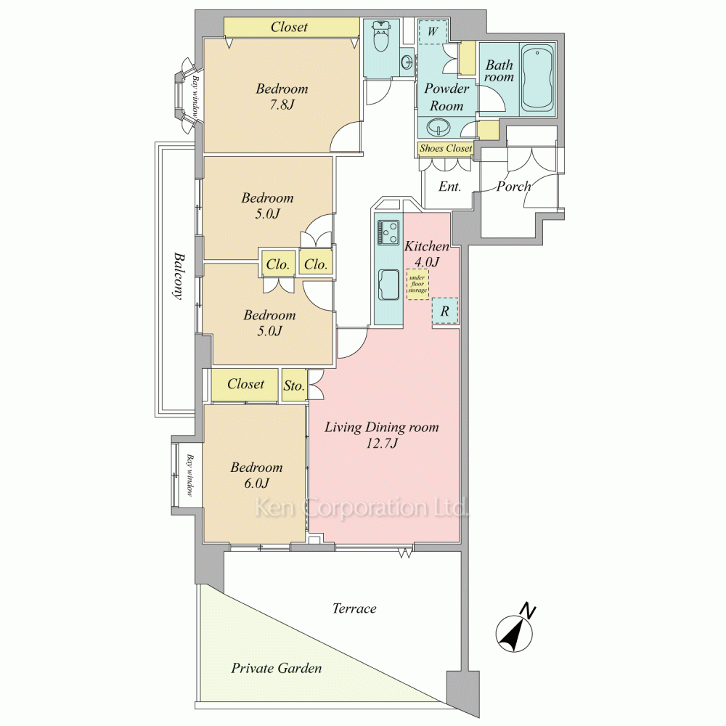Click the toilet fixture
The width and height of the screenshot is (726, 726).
click(x=381, y=35)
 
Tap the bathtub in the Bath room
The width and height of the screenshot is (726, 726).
click(x=537, y=77)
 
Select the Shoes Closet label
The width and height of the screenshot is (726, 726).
click(x=446, y=149)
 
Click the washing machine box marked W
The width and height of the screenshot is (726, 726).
click(x=433, y=31)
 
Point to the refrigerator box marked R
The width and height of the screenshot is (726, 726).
click(x=445, y=311)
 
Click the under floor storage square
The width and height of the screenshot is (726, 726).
click(x=417, y=284)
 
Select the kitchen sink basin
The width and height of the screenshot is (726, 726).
click(x=389, y=285)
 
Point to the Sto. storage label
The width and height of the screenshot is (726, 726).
click(x=294, y=386)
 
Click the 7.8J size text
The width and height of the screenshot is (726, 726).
click(x=282, y=105)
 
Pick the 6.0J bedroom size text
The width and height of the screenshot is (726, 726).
click(x=256, y=484)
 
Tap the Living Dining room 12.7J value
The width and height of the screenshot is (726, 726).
click(x=382, y=444)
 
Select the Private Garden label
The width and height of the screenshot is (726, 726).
click(x=277, y=668)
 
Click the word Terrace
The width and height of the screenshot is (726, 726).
click(x=354, y=608)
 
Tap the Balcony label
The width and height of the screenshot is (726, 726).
click(x=179, y=277)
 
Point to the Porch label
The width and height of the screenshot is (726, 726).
click(x=513, y=186)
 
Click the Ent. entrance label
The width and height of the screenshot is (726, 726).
click(x=449, y=186)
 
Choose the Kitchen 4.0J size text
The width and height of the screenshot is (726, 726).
click(x=426, y=262)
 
